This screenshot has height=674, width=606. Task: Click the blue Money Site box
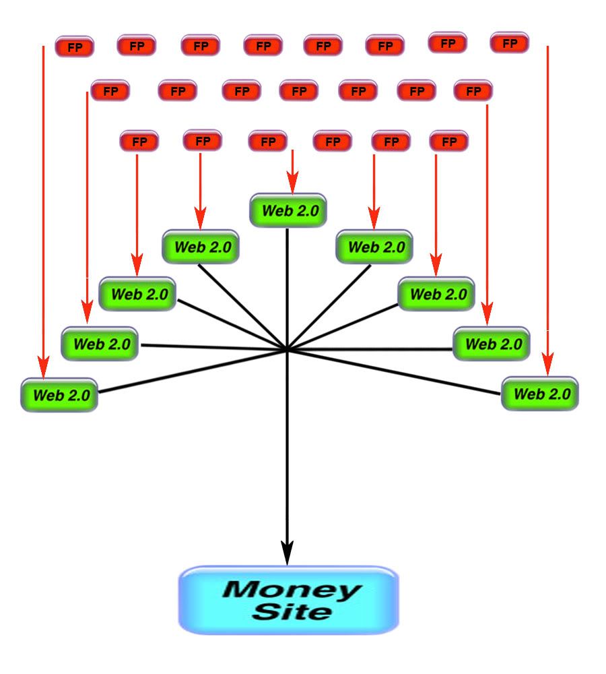[288, 600]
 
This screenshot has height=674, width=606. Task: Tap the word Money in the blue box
[291, 590]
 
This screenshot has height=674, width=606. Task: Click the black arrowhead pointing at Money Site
[288, 553]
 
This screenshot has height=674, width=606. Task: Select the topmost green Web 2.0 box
[288, 210]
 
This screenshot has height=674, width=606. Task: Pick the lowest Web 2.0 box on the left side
[59, 395]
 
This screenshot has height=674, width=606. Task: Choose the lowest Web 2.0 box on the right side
[539, 394]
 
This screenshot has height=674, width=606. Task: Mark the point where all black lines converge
[288, 350]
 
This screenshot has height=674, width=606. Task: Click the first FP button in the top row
[74, 47]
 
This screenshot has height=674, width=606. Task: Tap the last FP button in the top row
[509, 43]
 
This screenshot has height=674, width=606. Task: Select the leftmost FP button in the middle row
[109, 91]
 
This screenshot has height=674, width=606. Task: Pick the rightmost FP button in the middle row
[473, 90]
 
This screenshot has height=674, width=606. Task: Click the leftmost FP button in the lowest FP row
[139, 142]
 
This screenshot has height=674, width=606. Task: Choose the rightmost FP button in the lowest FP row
[448, 142]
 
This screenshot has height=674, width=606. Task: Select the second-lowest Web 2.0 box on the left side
[100, 344]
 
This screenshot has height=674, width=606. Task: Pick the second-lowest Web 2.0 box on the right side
[491, 344]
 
